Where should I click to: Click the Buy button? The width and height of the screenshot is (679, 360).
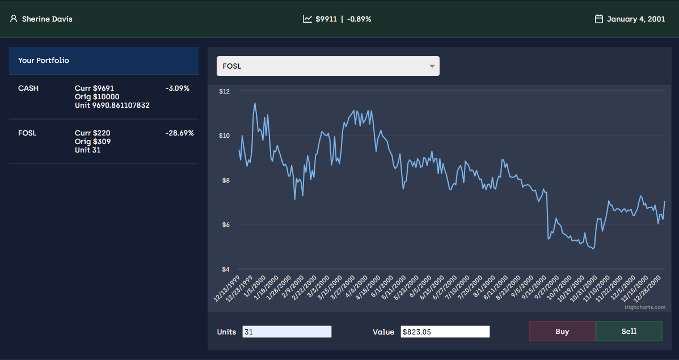562,331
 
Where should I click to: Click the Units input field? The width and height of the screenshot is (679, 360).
286,332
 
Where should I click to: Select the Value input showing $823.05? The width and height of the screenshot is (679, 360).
445,332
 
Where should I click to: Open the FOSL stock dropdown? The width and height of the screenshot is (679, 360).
328,66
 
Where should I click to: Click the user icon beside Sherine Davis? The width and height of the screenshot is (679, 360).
14,19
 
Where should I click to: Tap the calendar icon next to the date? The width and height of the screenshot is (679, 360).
598,19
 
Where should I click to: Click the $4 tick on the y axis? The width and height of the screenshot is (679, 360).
225,269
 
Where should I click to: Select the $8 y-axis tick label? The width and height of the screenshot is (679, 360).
225,180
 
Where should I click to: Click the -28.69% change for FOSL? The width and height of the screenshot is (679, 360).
180,133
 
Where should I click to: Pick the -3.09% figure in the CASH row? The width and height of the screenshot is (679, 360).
178,88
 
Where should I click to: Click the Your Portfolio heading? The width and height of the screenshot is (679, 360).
44,60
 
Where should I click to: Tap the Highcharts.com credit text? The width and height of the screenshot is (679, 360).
644,307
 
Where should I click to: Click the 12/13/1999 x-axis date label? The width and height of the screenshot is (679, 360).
227,289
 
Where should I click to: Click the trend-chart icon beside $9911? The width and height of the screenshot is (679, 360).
307,19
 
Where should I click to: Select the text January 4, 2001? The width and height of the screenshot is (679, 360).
636,19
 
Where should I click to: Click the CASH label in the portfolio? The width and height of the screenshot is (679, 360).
28,88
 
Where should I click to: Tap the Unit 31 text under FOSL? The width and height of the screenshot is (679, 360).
87,150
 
